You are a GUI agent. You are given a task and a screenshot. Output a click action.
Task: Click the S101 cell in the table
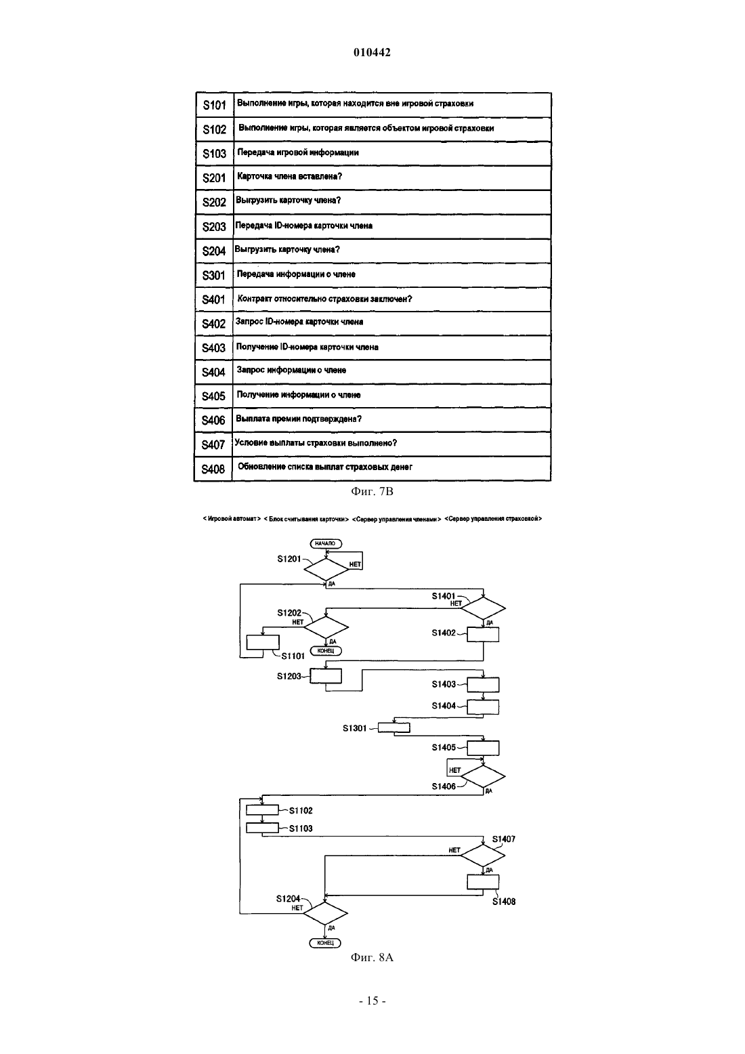215,105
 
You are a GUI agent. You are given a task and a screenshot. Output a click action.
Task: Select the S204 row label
214,251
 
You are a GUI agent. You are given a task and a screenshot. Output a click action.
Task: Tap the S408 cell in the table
213,469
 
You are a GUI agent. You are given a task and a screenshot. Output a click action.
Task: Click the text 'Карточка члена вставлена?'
289,176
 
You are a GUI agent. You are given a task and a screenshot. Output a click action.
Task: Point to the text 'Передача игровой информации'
298,152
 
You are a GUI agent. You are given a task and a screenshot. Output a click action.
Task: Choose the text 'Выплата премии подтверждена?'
299,419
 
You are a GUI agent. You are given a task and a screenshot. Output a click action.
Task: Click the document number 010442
372,52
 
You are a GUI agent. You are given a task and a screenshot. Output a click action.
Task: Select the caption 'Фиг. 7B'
372,492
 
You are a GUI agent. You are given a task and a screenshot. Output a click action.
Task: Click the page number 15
372,1000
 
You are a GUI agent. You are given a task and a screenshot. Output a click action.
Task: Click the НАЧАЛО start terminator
326,543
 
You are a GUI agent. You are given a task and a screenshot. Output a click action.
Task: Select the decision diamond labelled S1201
326,570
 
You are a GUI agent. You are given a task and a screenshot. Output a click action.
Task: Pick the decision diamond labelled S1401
483,608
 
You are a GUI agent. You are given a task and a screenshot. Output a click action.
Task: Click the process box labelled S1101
263,642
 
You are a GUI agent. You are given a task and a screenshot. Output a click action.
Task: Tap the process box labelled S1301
394,728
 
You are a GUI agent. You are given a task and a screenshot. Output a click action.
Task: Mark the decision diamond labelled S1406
483,776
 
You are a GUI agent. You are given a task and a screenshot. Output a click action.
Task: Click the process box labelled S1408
483,882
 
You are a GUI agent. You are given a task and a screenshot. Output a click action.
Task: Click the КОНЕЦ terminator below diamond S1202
326,651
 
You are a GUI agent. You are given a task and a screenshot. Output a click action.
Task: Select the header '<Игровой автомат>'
232,518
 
